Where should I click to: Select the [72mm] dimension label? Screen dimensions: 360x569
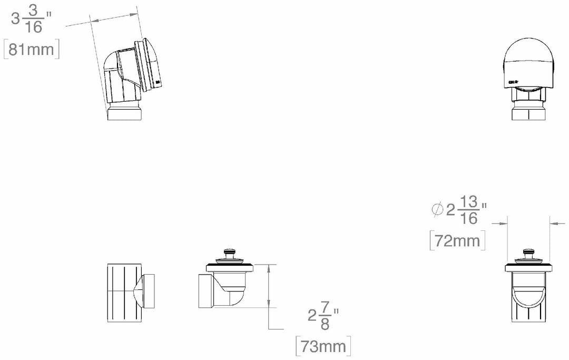click(x=457, y=240)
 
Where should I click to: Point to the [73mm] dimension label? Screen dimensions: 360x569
click(x=323, y=346)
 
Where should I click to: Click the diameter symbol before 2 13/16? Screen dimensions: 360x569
click(x=437, y=210)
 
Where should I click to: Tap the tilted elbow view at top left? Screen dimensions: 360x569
click(x=131, y=76)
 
